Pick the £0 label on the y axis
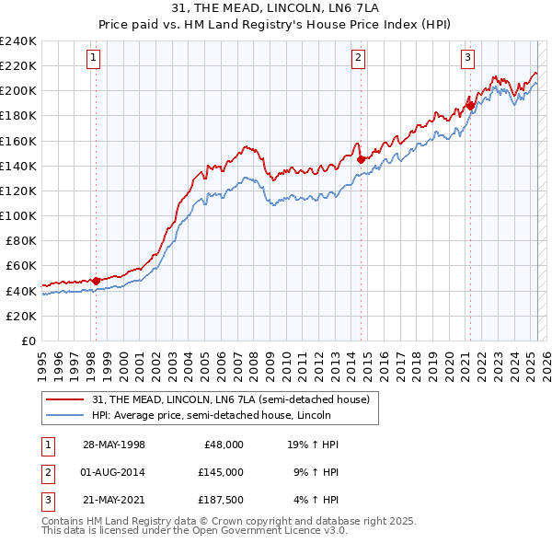tap(29, 341)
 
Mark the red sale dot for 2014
tap(361, 159)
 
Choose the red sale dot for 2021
tap(470, 106)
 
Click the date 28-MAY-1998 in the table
tap(114, 444)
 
